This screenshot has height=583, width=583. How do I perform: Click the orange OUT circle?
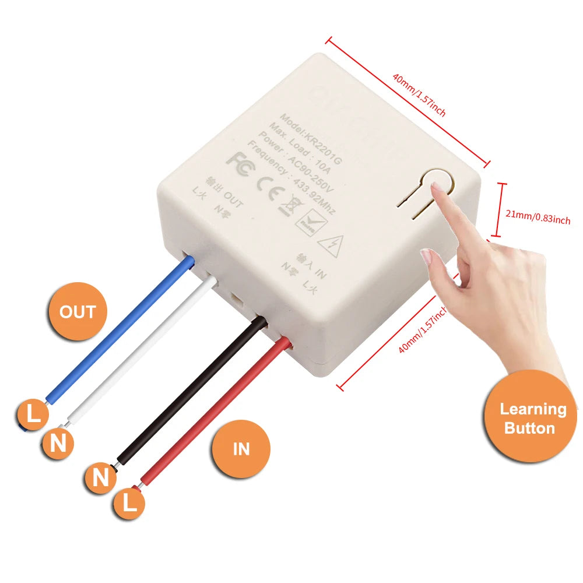(x=78, y=312)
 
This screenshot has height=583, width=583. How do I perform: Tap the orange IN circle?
(x=241, y=448)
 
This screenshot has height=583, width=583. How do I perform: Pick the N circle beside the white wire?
(x=58, y=444)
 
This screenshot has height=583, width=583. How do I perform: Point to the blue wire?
(x=117, y=332)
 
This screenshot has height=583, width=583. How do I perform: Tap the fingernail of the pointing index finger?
(x=436, y=187)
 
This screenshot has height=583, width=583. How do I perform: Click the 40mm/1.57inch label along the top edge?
(x=418, y=95)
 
